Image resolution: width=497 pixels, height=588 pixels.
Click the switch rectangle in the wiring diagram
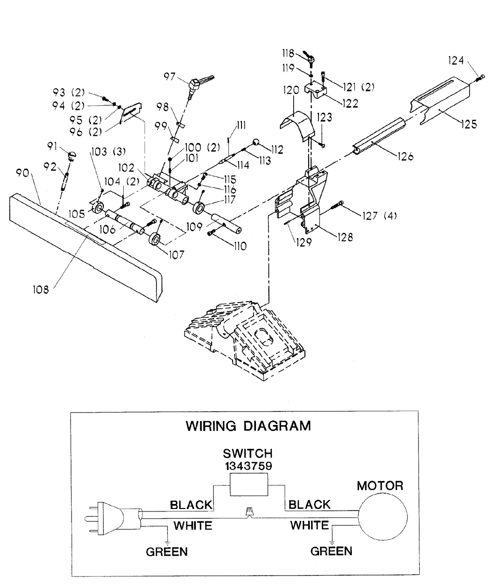(248, 484)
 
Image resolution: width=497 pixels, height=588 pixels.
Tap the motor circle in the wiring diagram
(383, 517)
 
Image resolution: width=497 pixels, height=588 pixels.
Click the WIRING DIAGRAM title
(248, 426)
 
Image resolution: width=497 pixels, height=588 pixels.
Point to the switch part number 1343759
(248, 466)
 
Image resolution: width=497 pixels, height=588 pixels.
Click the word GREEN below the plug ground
(166, 552)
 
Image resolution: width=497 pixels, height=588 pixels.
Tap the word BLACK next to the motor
(310, 504)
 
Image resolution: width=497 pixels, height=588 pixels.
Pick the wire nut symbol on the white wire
(248, 511)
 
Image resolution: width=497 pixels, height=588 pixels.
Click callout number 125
(469, 124)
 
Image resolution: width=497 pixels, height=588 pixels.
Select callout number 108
(41, 289)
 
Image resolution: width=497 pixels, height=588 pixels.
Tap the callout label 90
(22, 173)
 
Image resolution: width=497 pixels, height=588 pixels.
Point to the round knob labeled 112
(256, 142)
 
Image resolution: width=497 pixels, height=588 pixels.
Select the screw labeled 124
(481, 78)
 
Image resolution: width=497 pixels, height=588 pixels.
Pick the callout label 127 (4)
(379, 216)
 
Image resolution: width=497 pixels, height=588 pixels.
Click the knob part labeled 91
(72, 154)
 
